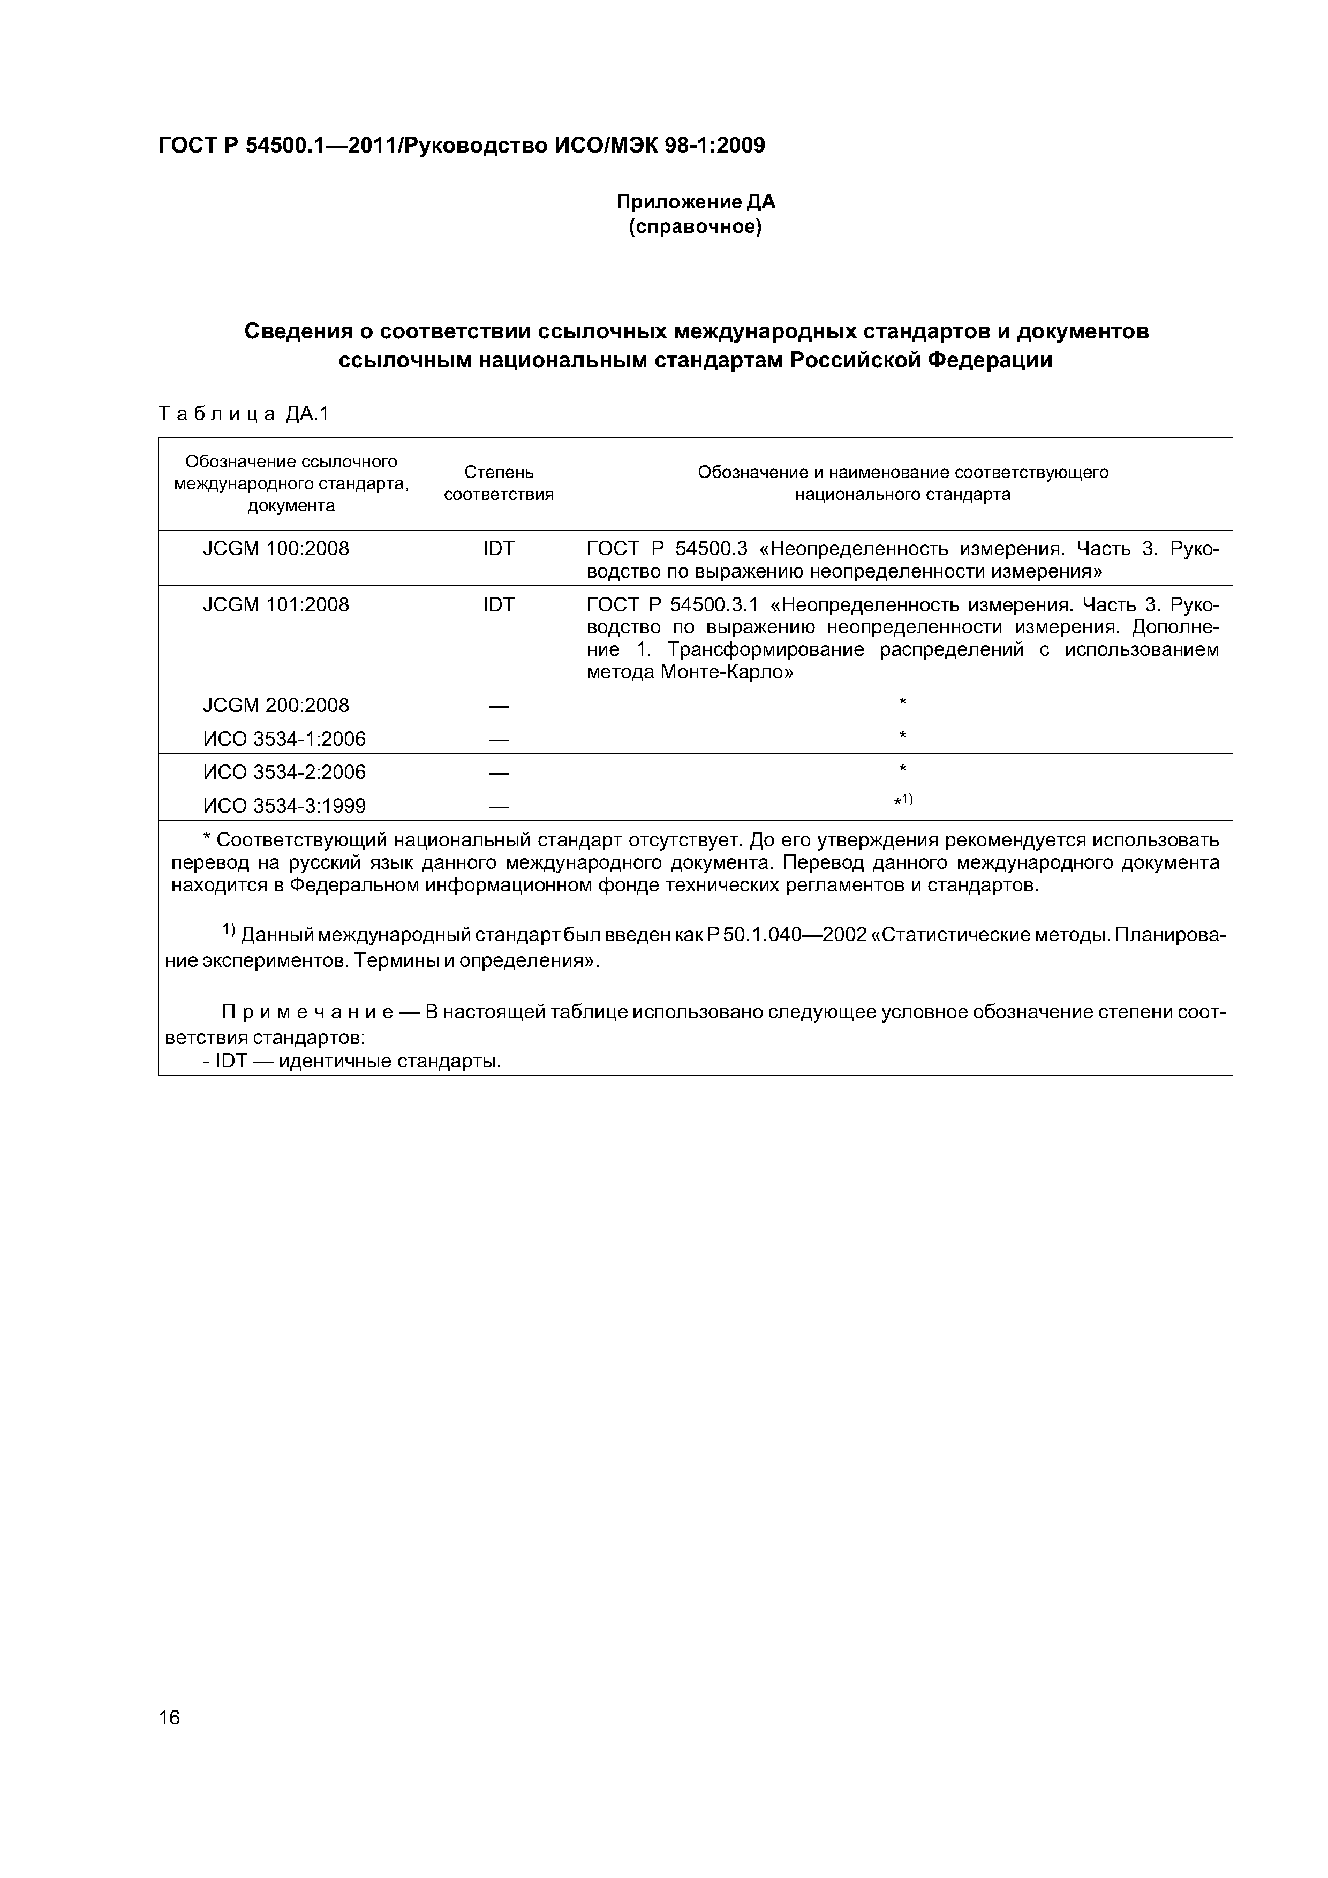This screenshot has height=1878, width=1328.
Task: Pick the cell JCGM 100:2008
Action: [x=276, y=549]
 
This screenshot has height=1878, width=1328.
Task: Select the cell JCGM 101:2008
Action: [x=276, y=605]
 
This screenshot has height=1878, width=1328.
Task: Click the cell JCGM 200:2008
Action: [x=276, y=705]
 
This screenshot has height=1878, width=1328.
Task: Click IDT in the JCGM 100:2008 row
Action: [x=499, y=549]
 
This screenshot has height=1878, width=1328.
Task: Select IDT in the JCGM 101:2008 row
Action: [x=499, y=605]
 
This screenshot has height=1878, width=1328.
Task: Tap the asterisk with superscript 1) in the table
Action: [x=902, y=801]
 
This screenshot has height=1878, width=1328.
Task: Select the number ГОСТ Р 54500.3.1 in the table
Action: [x=673, y=605]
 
